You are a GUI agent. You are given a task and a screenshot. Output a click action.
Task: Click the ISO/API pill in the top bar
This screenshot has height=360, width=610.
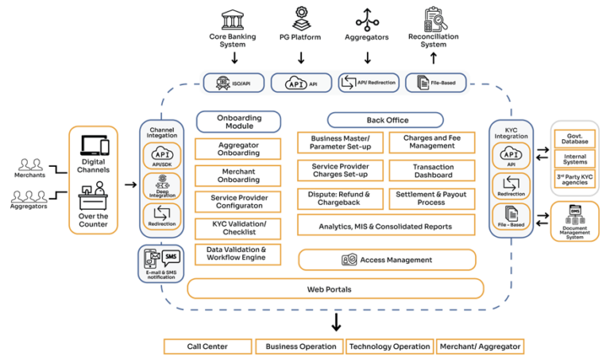(230, 82)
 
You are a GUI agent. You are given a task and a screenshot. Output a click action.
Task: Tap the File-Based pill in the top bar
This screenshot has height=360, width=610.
(434, 82)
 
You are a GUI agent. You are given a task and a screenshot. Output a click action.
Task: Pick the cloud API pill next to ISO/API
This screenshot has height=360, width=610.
(300, 82)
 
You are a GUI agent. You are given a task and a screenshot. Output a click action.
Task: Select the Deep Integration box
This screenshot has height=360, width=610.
(162, 186)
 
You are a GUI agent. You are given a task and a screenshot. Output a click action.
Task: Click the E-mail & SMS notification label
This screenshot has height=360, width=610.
(161, 273)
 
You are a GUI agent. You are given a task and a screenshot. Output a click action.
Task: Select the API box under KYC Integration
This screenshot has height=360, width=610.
(512, 157)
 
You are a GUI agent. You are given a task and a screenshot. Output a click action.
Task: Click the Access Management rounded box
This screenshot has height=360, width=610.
(387, 260)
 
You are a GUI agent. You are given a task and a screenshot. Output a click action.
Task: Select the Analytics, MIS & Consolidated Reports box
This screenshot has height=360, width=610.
(386, 225)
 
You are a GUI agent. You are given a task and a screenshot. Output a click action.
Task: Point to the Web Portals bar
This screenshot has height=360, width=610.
(334, 288)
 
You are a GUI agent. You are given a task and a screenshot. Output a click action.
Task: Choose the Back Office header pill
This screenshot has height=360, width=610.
(385, 120)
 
